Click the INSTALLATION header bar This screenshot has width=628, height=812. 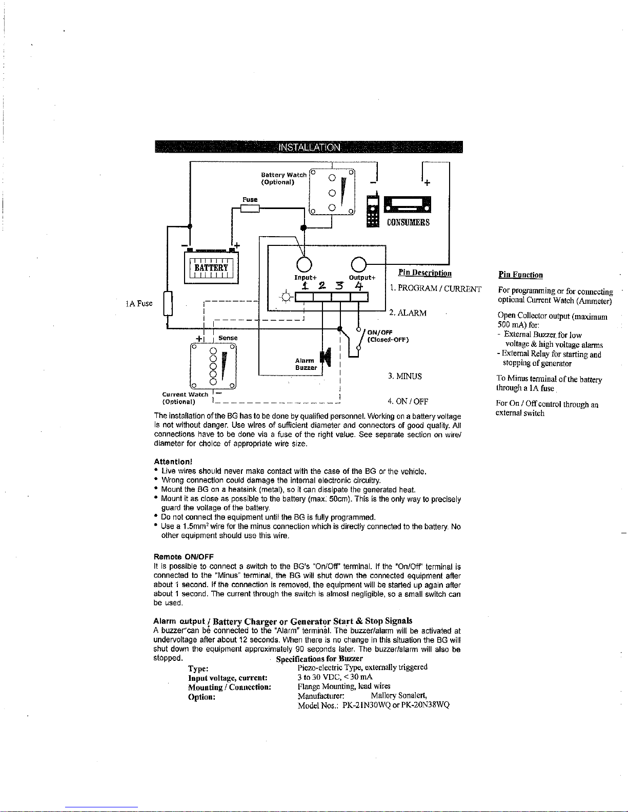coord(309,147)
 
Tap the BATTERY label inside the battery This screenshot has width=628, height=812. coord(211,267)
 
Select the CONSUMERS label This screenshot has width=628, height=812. coord(408,222)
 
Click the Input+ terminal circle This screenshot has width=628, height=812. coord(304,264)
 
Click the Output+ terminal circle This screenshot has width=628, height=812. coord(359,264)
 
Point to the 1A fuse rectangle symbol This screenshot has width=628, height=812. coord(168,303)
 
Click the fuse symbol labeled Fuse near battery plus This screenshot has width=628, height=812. coord(250,208)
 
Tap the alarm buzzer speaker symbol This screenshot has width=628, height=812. coord(326,358)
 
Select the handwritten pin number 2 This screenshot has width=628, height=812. coord(322,286)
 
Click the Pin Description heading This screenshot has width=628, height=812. coord(424,273)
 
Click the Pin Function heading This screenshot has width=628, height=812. coord(520,275)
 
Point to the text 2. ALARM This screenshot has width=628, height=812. coord(408,313)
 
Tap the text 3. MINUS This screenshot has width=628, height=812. coord(405,376)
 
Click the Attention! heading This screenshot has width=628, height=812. coord(173,462)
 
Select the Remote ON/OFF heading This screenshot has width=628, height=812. coord(184,557)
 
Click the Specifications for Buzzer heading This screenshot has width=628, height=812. coord(319,659)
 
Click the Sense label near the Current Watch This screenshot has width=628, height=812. coord(228,338)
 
